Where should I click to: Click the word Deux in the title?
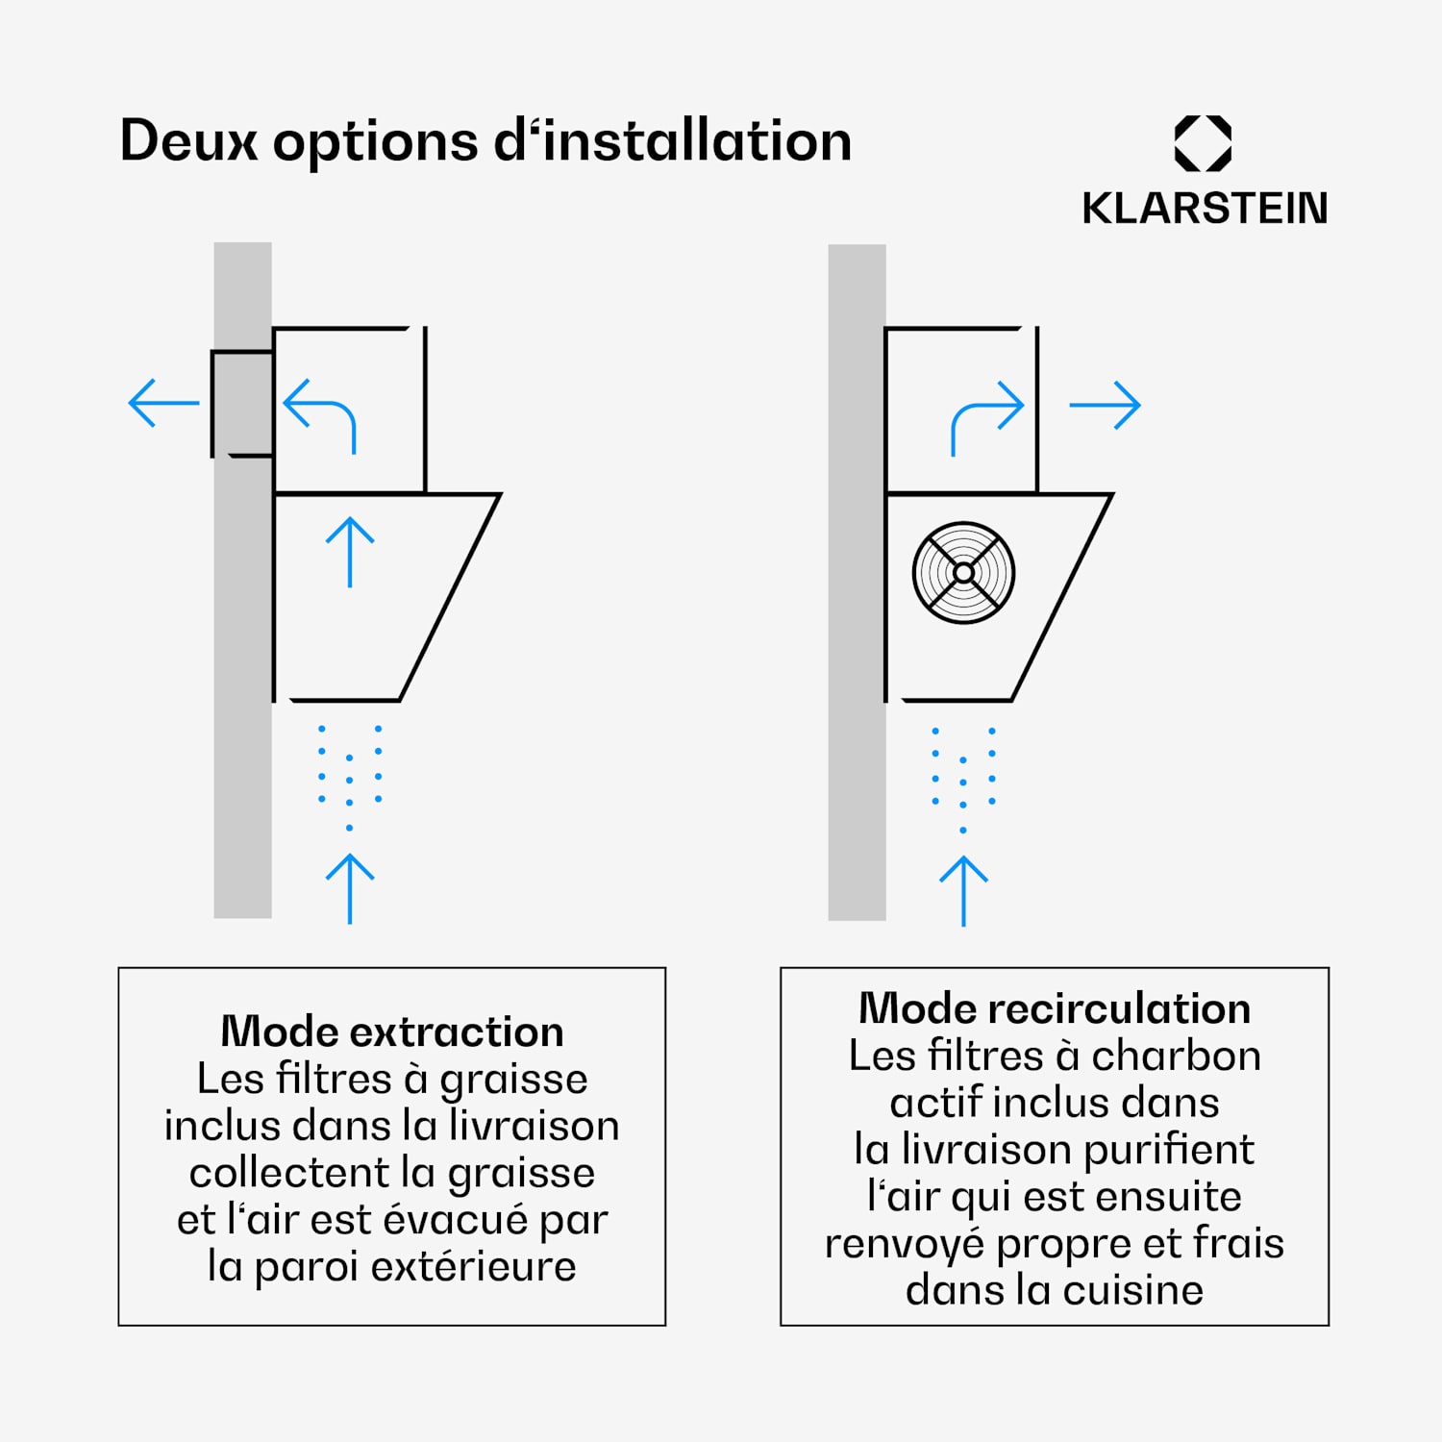coord(188,141)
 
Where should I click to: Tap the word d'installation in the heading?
coord(673,141)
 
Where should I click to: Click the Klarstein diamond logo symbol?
coord(1203,144)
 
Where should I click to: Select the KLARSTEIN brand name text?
coord(1205,209)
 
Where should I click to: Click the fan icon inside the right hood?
coord(963,573)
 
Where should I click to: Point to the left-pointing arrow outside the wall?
coord(163,403)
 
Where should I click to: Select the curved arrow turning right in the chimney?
coord(985,416)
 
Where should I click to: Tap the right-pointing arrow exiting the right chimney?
coord(1105,406)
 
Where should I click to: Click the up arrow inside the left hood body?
coord(350,552)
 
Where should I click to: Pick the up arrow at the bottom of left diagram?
coord(350,888)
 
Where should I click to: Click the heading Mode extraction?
coord(392,1032)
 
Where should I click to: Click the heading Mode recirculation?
coord(1055,1008)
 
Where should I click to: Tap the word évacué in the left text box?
coord(457,1220)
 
